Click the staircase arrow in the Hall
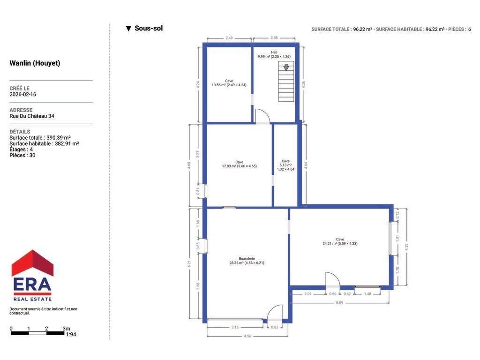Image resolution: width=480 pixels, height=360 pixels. coord(286,67)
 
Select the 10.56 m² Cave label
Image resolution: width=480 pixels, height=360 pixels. coord(229,83)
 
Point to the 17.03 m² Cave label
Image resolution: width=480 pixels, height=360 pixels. coord(240,164)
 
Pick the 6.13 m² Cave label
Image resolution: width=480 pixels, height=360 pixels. coord(285,165)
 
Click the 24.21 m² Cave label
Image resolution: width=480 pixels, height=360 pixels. coord(340,241)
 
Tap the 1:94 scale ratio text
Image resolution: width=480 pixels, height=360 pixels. coord(71,334)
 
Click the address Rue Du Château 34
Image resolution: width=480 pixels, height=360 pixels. coord(32,116)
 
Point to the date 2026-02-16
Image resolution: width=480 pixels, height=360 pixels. coord(22,94)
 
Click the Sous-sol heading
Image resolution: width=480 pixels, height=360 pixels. coord(149,28)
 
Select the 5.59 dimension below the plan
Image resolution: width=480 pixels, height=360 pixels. coord(339,303)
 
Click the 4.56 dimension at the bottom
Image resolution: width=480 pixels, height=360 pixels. coord(247,336)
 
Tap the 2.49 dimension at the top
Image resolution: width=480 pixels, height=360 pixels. coord(229,38)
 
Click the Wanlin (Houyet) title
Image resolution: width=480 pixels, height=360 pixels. coord(35,63)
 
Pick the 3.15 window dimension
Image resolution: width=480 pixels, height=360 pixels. coord(235,327)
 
